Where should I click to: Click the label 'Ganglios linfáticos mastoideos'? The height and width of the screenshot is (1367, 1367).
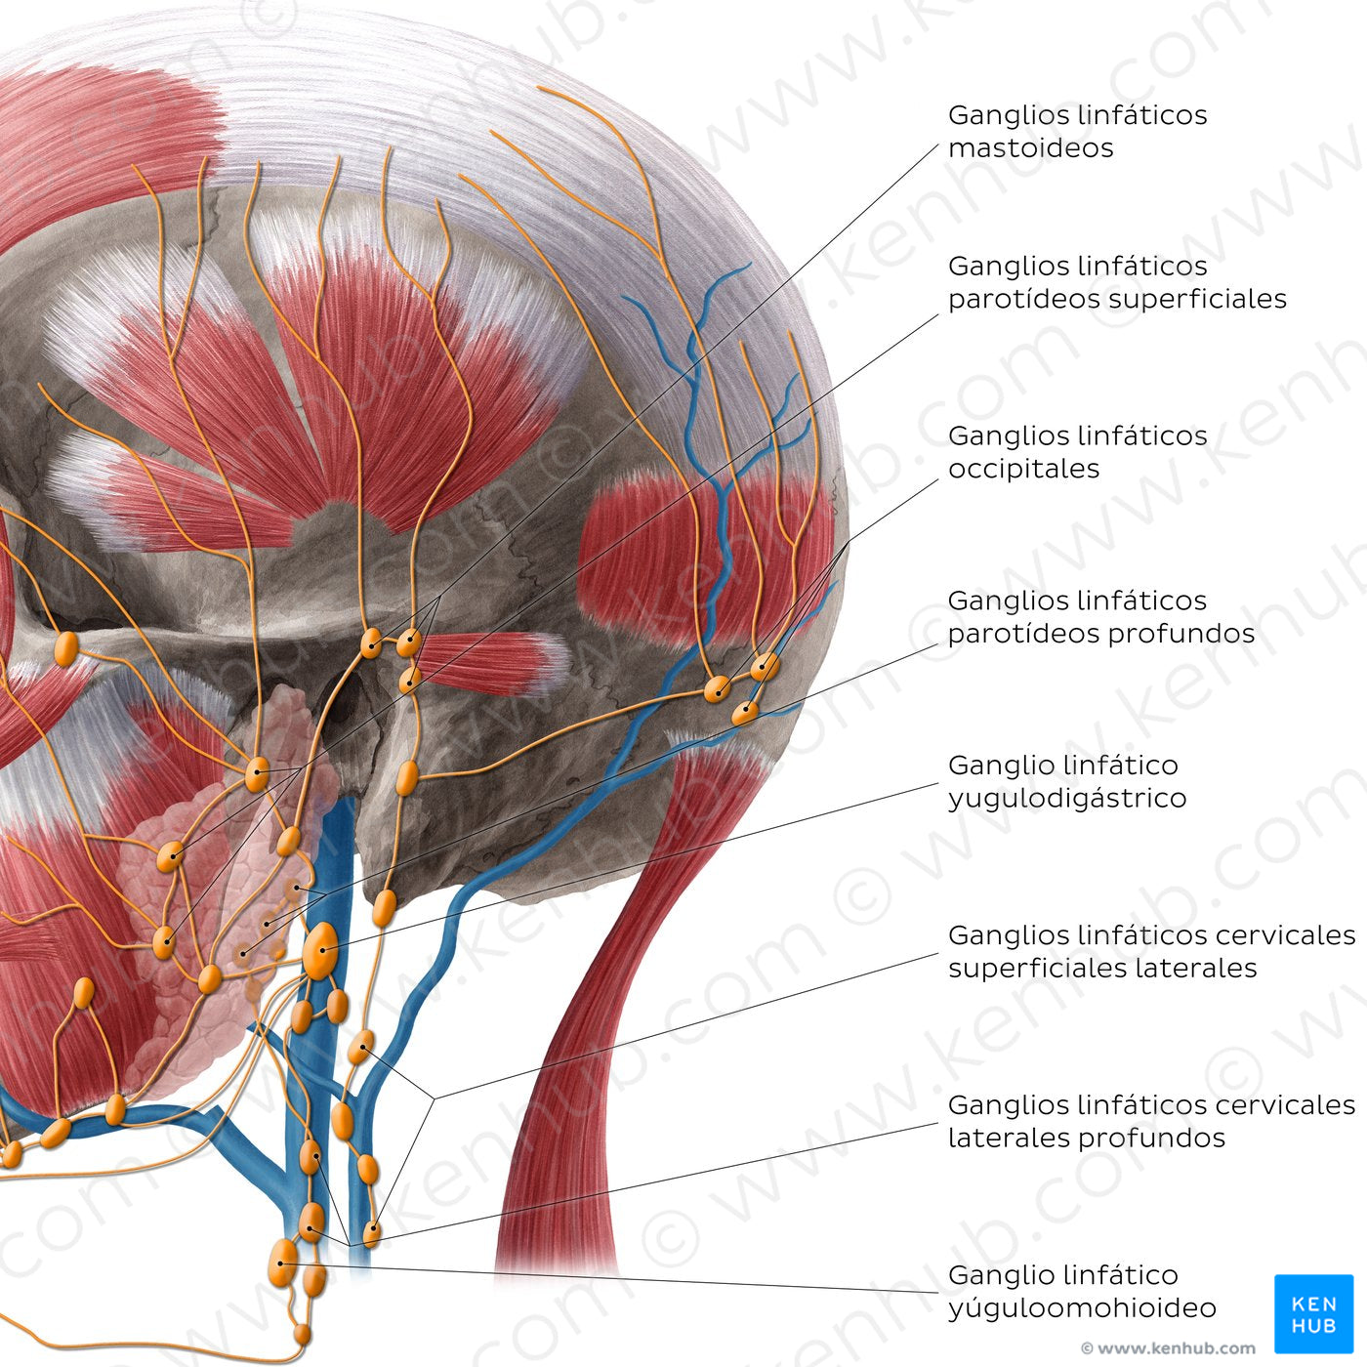point(1077,131)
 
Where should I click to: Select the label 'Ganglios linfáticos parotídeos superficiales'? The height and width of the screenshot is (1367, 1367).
point(1117,282)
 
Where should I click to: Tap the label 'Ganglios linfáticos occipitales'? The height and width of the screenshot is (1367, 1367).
point(1077,451)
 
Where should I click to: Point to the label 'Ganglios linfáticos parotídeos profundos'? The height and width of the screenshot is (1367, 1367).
point(1100,616)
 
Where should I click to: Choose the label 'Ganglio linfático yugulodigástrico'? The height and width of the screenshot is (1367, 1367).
point(1066,781)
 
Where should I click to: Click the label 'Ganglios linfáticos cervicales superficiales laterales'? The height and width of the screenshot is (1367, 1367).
point(1151,951)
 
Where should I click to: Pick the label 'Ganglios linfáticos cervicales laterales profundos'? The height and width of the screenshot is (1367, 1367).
point(1151,1121)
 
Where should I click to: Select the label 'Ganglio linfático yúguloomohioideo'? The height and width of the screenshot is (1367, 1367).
point(1082,1291)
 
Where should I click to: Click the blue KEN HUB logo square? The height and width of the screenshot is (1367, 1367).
point(1313,1313)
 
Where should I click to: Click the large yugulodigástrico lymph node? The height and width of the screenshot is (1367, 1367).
point(320,948)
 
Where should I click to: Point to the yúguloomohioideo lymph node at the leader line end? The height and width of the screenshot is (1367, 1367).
point(282,1262)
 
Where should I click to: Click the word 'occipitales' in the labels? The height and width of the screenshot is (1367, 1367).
point(1023,469)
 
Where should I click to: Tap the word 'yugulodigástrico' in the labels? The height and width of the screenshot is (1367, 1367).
point(1066,799)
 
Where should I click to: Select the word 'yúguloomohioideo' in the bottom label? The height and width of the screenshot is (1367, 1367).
point(1082,1308)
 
